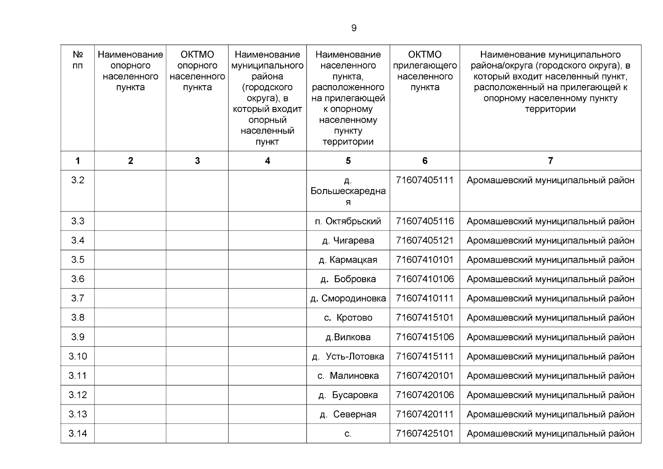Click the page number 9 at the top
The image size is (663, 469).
pyautogui.click(x=354, y=28)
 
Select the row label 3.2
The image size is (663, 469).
pyautogui.click(x=77, y=180)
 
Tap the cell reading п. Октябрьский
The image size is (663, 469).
pyautogui.click(x=348, y=221)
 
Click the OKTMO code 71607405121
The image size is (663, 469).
pyautogui.click(x=425, y=240)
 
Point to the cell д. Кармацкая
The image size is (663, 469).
pyautogui.click(x=348, y=260)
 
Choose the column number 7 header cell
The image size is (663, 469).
pyautogui.click(x=550, y=161)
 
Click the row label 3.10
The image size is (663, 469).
pyautogui.click(x=77, y=356)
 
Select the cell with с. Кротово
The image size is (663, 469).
pyautogui.click(x=348, y=318)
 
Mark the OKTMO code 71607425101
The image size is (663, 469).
pyautogui.click(x=425, y=433)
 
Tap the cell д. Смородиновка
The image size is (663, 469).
pyautogui.click(x=348, y=299)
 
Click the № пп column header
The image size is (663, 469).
pyautogui.click(x=77, y=60)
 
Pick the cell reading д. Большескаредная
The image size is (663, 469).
pyautogui.click(x=348, y=191)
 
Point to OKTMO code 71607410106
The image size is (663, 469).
pyautogui.click(x=425, y=279)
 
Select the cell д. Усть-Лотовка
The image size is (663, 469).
pyautogui.click(x=348, y=356)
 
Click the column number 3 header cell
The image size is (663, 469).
pyautogui.click(x=197, y=161)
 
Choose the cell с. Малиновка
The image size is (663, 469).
pyautogui.click(x=348, y=376)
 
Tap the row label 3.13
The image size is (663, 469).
pyautogui.click(x=77, y=414)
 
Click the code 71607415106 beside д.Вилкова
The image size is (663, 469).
pyautogui.click(x=425, y=337)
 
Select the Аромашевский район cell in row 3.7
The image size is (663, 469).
pyautogui.click(x=550, y=299)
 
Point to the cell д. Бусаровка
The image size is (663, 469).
pyautogui.click(x=348, y=395)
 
